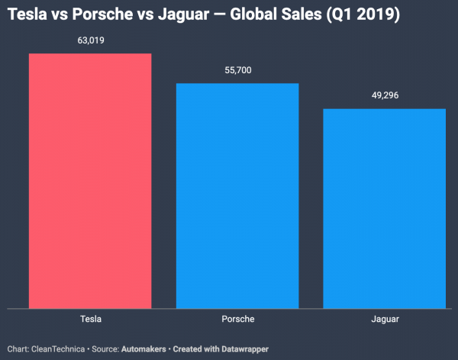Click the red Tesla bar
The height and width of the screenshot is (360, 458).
click(90, 182)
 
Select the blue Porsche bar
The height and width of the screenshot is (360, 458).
click(237, 196)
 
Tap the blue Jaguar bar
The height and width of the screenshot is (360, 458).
click(384, 209)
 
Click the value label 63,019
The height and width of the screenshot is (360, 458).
click(90, 41)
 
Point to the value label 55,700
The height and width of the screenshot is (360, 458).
click(237, 70)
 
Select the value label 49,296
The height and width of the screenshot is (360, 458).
click(384, 95)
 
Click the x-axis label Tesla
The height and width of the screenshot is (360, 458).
click(90, 319)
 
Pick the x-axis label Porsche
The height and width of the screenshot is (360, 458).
click(237, 319)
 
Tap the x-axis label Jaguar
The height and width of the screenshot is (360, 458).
click(384, 319)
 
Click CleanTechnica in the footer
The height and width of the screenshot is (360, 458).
click(58, 349)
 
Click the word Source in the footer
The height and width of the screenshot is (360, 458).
click(104, 349)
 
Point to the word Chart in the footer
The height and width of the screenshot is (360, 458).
click(18, 349)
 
